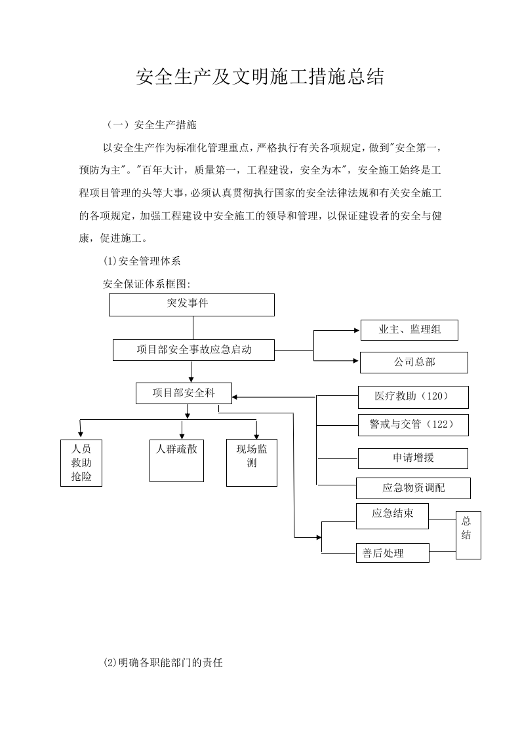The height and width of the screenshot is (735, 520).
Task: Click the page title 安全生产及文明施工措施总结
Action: (x=260, y=77)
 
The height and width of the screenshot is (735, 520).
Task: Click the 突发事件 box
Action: (x=191, y=305)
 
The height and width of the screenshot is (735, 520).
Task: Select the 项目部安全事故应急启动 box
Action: (x=193, y=350)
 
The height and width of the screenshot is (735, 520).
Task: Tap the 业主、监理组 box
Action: (x=409, y=330)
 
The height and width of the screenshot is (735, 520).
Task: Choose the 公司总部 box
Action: (x=414, y=362)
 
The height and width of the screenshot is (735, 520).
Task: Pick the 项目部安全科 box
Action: (x=184, y=393)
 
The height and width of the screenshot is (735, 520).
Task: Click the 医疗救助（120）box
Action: (x=412, y=397)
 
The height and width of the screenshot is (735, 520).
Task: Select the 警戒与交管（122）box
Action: (x=413, y=424)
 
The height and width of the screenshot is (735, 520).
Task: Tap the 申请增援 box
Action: (x=413, y=459)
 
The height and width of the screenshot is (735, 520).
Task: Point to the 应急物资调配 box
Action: (x=413, y=488)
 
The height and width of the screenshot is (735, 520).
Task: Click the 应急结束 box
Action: (x=392, y=516)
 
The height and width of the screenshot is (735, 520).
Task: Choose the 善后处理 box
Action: (x=392, y=553)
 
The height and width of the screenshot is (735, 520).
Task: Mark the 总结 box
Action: (x=468, y=535)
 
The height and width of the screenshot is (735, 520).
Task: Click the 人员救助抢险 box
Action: (x=81, y=462)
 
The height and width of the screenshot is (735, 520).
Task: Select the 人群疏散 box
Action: (x=176, y=460)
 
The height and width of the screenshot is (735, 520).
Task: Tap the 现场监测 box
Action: (x=252, y=462)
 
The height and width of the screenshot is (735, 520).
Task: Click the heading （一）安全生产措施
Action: (x=151, y=124)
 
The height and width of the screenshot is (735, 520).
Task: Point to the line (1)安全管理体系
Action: (x=142, y=261)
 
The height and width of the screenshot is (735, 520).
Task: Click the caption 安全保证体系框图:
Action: (x=146, y=284)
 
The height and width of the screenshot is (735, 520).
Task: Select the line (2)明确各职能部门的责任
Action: (x=163, y=662)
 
